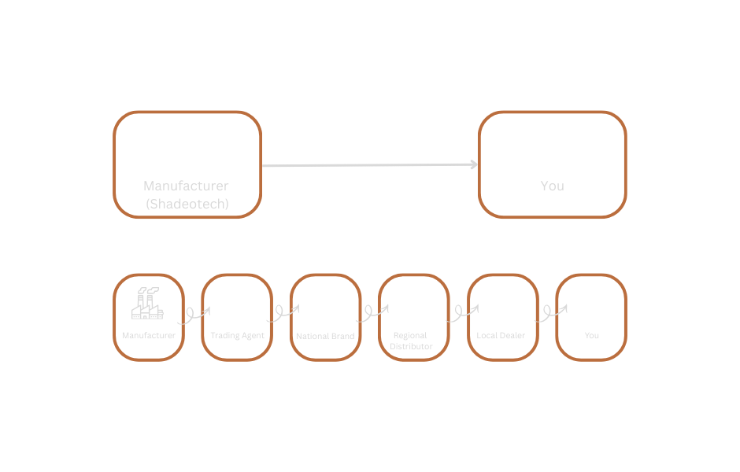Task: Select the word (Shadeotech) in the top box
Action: click(187, 203)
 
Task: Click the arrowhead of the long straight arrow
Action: click(473, 164)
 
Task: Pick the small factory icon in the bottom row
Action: click(148, 304)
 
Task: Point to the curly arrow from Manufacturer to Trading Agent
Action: click(193, 316)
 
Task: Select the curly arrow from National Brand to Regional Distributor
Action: click(370, 316)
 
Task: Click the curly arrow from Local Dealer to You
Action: click(548, 316)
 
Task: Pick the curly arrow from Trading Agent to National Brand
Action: click(282, 316)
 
